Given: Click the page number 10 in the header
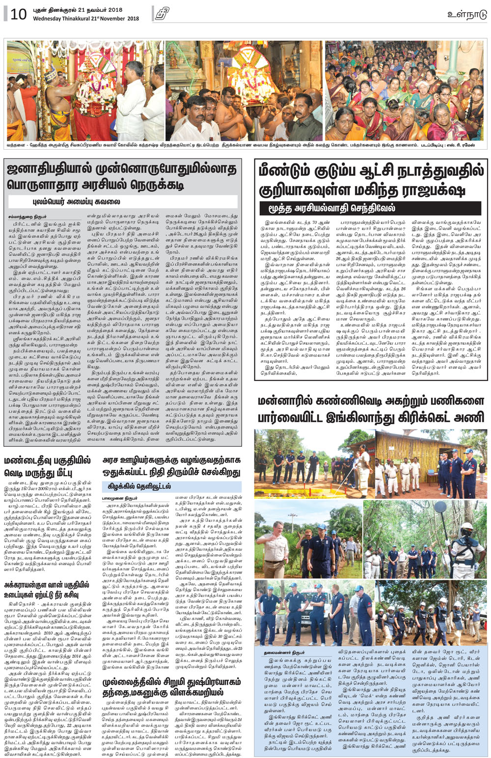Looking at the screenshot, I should [18, 14].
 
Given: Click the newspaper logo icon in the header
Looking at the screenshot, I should [162, 14].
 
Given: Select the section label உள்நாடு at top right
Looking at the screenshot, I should [467, 14].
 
